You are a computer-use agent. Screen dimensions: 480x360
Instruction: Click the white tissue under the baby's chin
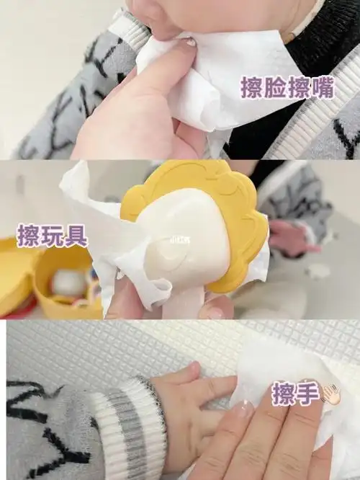tap(216, 86)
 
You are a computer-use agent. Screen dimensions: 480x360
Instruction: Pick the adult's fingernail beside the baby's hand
tap(243, 409)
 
